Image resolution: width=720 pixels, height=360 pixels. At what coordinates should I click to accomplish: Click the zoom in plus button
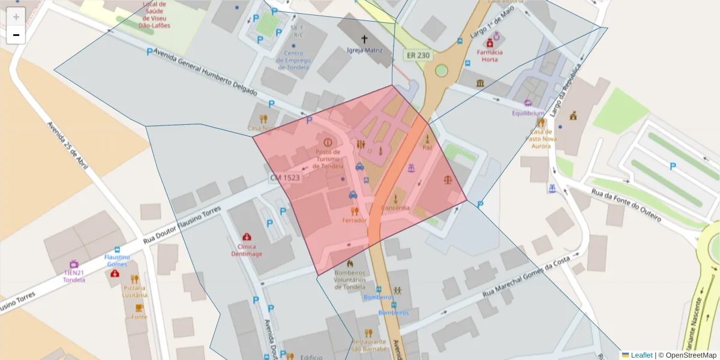tap(16, 17)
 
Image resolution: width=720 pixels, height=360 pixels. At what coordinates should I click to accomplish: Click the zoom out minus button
tap(16, 35)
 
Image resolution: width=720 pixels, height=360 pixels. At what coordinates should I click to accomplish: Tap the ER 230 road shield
tap(418, 55)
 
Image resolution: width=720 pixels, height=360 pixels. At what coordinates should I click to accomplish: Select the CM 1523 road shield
tap(284, 178)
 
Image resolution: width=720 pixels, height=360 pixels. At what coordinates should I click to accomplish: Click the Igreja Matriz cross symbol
tap(364, 39)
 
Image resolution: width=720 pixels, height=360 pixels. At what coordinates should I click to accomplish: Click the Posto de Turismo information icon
tap(328, 143)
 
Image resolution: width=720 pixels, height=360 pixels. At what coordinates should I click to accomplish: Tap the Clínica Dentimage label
tap(247, 250)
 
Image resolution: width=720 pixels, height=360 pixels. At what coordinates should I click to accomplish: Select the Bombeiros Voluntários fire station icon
tap(350, 263)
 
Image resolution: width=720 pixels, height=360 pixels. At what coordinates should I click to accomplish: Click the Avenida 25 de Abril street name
tap(68, 146)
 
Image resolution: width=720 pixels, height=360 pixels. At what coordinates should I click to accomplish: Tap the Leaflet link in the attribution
tap(641, 355)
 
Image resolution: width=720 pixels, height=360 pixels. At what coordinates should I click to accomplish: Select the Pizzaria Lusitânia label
tap(134, 292)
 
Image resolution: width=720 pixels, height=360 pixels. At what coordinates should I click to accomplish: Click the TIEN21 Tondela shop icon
tap(74, 264)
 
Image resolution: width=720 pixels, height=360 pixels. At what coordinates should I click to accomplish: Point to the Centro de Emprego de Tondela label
tap(293, 60)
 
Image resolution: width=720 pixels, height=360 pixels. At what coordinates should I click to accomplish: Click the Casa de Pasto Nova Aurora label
tap(541, 139)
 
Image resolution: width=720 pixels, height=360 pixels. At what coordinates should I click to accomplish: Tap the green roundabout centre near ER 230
tap(442, 70)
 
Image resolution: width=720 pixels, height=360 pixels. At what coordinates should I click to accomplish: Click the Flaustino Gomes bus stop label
tap(117, 260)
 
